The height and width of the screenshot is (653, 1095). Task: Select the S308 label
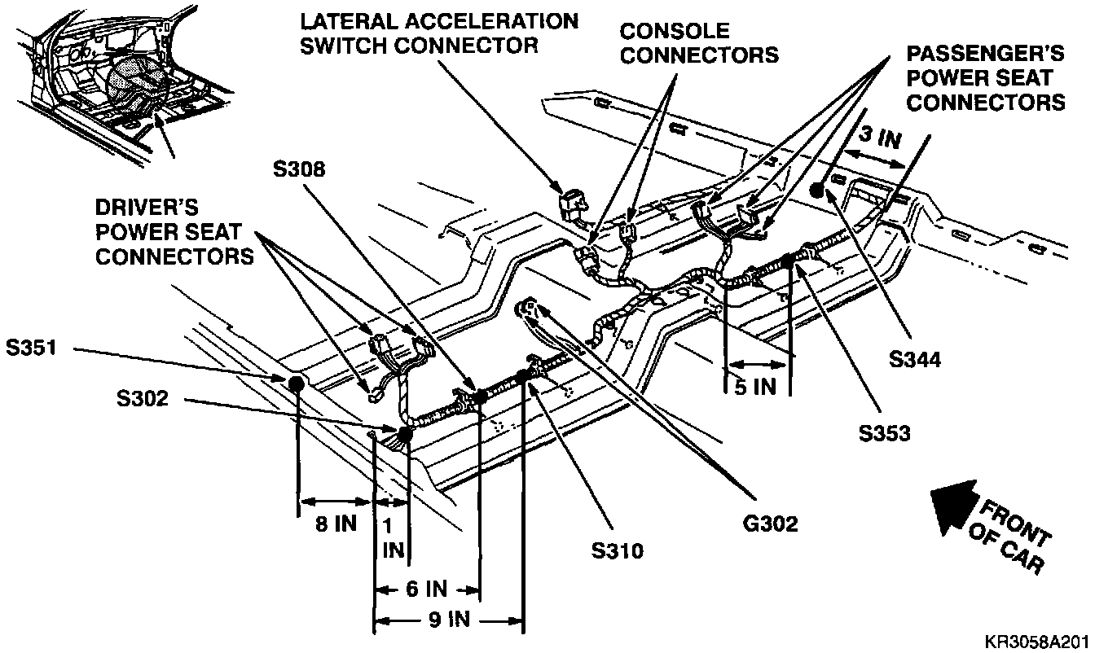tap(298, 170)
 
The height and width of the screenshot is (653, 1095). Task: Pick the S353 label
tap(883, 434)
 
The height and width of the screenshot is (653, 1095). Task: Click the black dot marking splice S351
tap(295, 383)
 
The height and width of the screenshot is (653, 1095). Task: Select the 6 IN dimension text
tap(424, 588)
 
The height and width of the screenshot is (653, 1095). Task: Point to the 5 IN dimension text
tap(756, 387)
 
